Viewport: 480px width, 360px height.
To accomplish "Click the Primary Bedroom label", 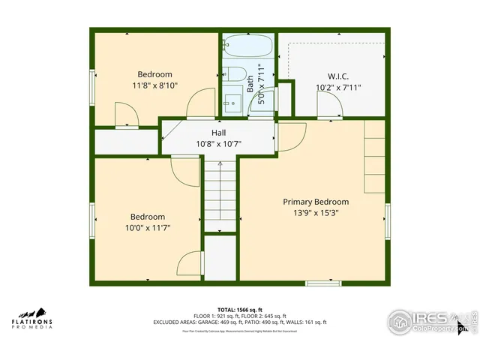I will coord(315,202).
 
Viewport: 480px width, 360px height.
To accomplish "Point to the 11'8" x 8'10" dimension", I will coord(154,86).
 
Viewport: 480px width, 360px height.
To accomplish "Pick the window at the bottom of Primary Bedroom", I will coord(323,282).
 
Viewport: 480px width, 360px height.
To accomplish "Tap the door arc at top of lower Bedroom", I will coord(186,171).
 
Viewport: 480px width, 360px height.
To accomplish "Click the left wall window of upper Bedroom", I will coord(92,88).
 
